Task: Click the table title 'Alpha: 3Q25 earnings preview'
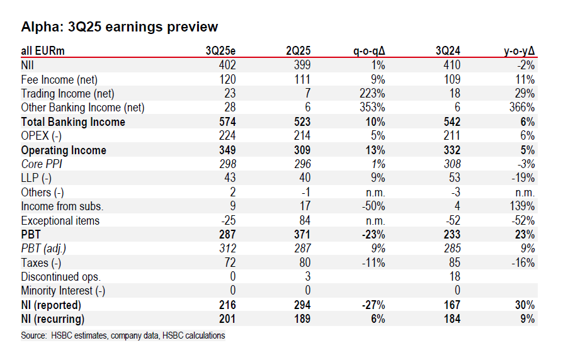120,27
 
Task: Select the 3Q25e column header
221,50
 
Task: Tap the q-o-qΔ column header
369,50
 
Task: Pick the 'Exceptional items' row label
60,221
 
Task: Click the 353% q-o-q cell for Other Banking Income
373,108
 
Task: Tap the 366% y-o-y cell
522,108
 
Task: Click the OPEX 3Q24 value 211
452,136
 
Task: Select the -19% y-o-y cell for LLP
522,178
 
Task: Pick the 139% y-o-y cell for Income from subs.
522,206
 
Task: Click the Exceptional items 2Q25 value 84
304,221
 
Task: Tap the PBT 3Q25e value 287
226,235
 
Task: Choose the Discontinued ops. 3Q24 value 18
455,277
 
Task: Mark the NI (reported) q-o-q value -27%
373,305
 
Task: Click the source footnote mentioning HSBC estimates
123,335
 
